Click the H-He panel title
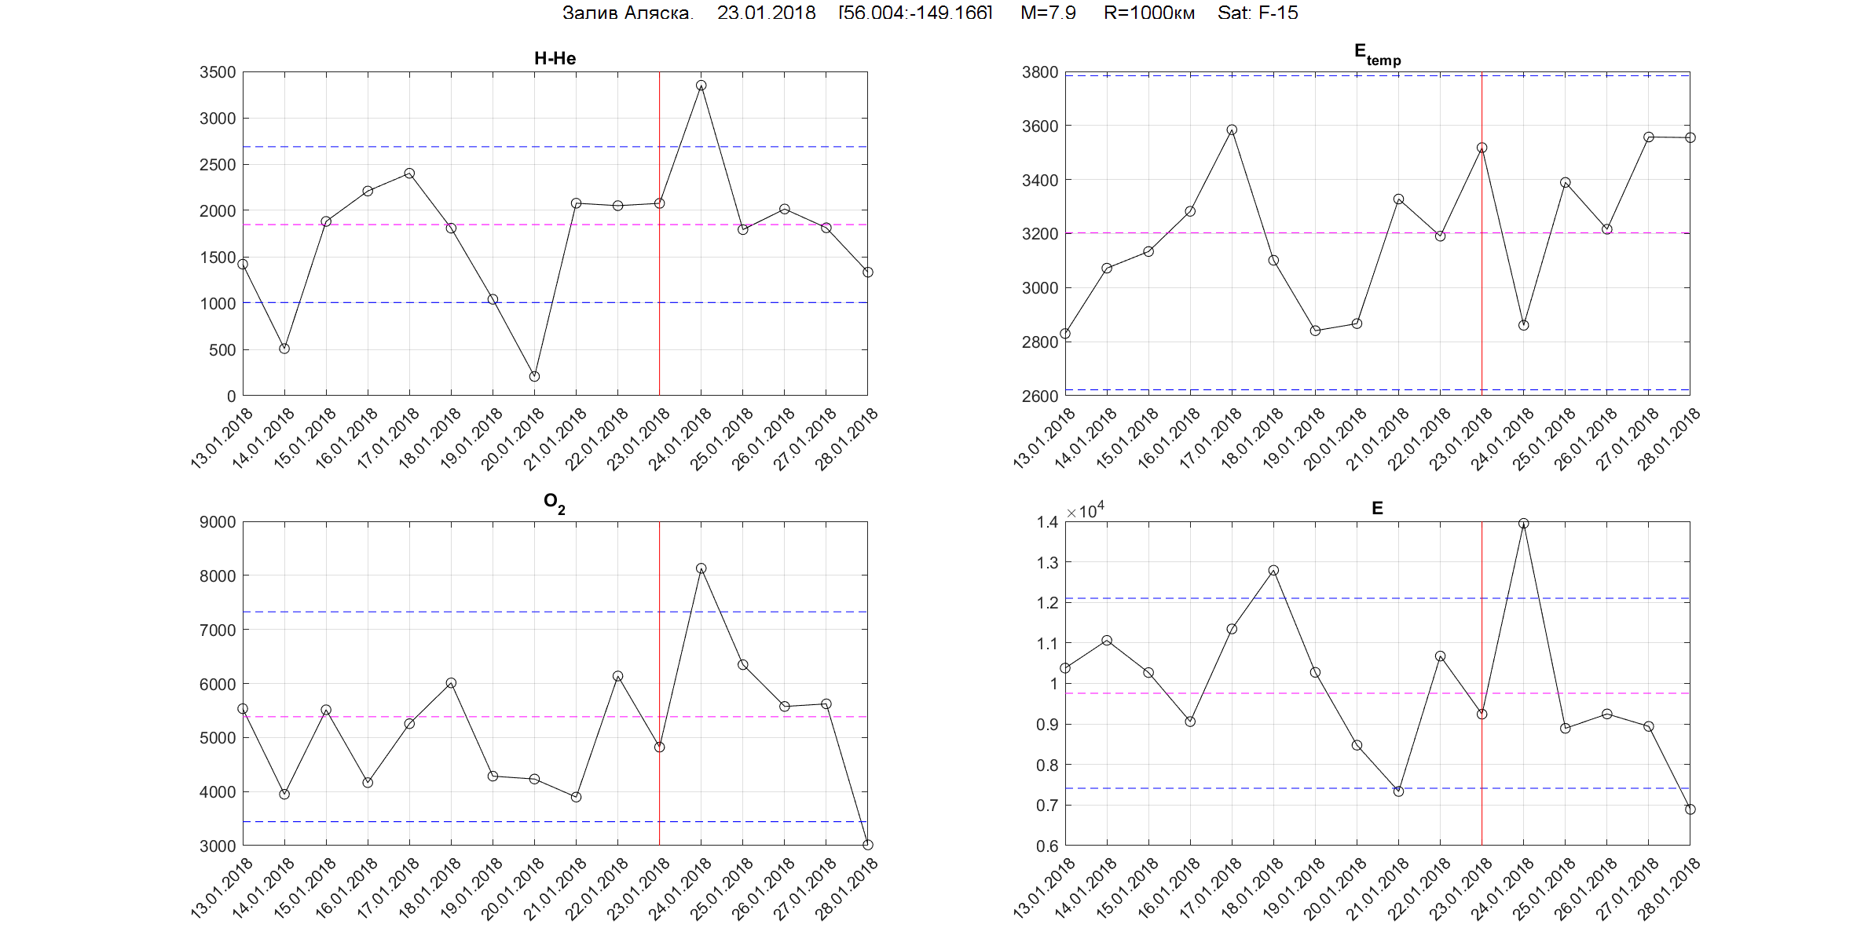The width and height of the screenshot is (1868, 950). (555, 58)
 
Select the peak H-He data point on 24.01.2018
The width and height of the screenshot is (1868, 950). (701, 86)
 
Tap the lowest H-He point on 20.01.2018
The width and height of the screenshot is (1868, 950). (534, 377)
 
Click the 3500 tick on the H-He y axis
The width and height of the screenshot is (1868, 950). (218, 72)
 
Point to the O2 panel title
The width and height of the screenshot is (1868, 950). (554, 502)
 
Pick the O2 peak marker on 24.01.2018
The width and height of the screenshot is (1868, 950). (701, 568)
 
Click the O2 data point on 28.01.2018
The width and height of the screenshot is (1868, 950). (867, 845)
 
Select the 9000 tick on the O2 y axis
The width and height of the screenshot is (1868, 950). (218, 522)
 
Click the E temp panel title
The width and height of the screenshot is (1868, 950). (1376, 54)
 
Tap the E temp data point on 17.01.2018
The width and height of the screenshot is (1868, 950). (1232, 130)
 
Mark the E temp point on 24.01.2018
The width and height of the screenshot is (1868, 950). (1523, 325)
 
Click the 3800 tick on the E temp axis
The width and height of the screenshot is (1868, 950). (1040, 72)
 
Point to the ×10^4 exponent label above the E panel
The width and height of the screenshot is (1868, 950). (1085, 510)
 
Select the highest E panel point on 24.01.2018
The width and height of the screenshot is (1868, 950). (1523, 524)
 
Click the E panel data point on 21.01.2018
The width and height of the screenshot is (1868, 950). (1398, 791)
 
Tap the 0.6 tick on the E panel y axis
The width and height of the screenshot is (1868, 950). (1047, 846)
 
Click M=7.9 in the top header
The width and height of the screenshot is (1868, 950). (1048, 13)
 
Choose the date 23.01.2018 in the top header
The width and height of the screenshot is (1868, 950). (766, 13)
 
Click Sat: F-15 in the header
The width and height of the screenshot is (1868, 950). (1257, 13)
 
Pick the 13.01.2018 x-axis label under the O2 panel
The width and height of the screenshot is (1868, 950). (222, 888)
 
